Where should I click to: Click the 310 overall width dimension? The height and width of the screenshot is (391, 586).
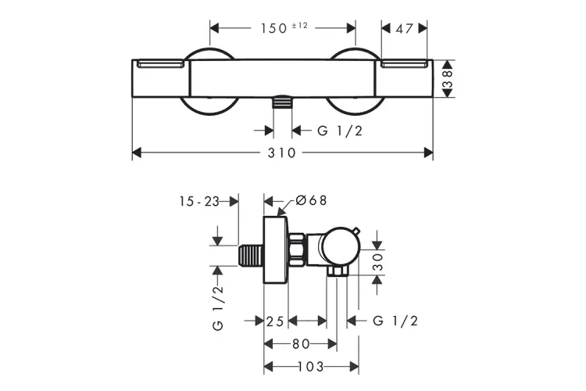pyautogui.click(x=282, y=153)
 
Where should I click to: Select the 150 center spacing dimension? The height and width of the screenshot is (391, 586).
pyautogui.click(x=273, y=27)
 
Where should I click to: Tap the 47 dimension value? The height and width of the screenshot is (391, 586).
pyautogui.click(x=404, y=27)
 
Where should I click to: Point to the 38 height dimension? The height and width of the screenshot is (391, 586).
pyautogui.click(x=448, y=78)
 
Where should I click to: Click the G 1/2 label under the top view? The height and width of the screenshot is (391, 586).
pyautogui.click(x=339, y=131)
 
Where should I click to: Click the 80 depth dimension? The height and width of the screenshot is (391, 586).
pyautogui.click(x=300, y=343)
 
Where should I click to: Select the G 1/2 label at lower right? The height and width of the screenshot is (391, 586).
pyautogui.click(x=395, y=321)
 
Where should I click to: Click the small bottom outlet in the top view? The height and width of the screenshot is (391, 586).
pyautogui.click(x=282, y=102)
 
